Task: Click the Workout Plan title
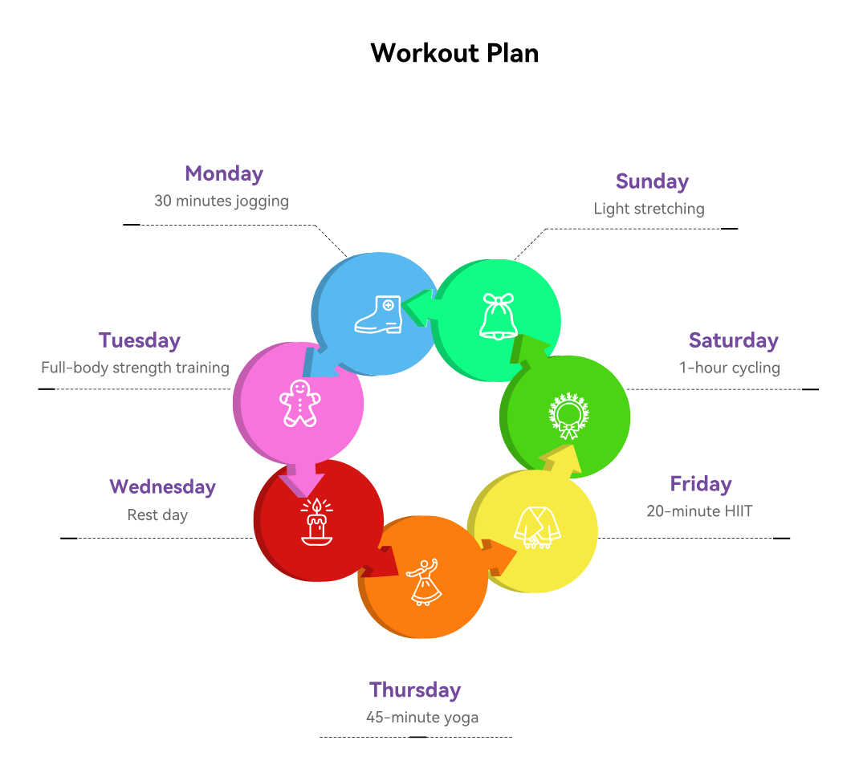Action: [x=454, y=54]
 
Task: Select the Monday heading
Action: [x=224, y=174]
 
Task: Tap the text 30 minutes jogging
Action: [x=222, y=201]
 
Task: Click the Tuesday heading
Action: [x=140, y=340]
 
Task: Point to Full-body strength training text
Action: [x=135, y=368]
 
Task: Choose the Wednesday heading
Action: [x=163, y=486]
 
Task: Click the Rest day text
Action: [x=157, y=515]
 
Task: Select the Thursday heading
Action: [x=415, y=690]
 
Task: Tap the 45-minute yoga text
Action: [x=422, y=718]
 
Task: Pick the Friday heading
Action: [x=701, y=484]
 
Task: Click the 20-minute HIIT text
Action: [x=699, y=511]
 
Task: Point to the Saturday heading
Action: [x=734, y=340]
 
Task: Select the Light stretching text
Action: [x=649, y=209]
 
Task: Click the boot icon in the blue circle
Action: [x=379, y=315]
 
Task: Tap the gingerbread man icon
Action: [x=299, y=404]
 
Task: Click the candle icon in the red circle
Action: [x=316, y=522]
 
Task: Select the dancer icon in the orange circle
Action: [x=424, y=582]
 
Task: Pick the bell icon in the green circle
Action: [x=499, y=316]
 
